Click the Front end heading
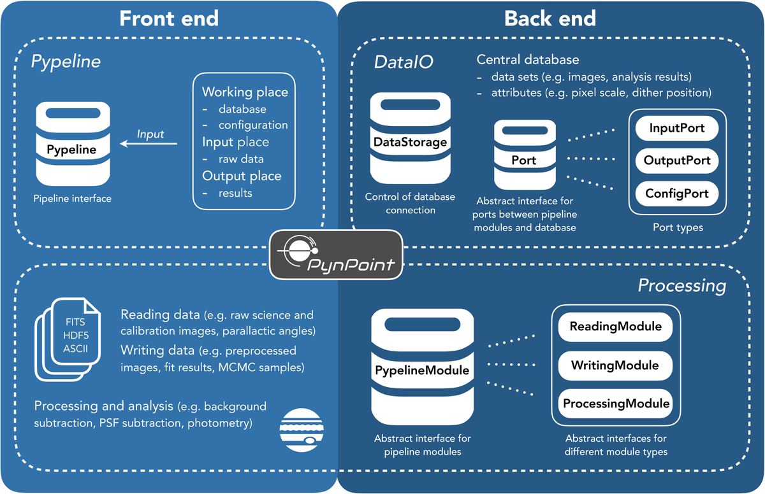[x=169, y=18]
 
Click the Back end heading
[x=550, y=18]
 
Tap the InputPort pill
[x=677, y=128]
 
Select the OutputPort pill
[x=677, y=160]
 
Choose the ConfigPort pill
[x=677, y=192]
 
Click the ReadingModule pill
[x=615, y=327]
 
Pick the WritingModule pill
[x=615, y=365]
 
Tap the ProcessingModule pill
[x=615, y=403]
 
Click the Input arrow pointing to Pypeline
[x=150, y=144]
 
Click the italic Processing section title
[x=681, y=286]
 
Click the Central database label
[x=528, y=60]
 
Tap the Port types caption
[x=677, y=227]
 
